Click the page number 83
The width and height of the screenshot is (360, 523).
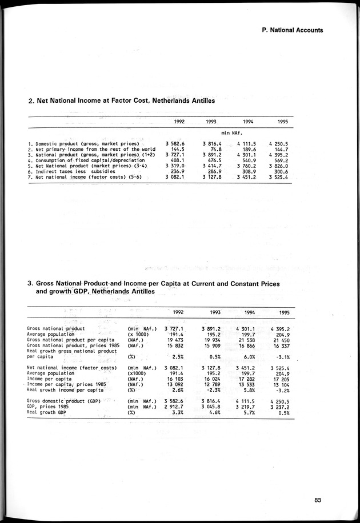pyautogui.click(x=317, y=500)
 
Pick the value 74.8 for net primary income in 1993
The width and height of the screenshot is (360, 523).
pyautogui.click(x=215, y=149)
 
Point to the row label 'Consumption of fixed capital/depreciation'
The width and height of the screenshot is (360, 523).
pyautogui.click(x=86, y=160)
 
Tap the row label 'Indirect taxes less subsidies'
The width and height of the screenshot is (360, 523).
pyautogui.click(x=67, y=172)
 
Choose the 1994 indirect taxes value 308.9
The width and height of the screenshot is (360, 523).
pyautogui.click(x=246, y=172)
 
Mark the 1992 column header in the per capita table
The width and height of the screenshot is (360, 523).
pyautogui.click(x=178, y=312)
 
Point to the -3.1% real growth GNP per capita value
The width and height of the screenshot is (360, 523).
pyautogui.click(x=279, y=356)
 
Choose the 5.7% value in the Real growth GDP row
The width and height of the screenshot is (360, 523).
pyautogui.click(x=246, y=412)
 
